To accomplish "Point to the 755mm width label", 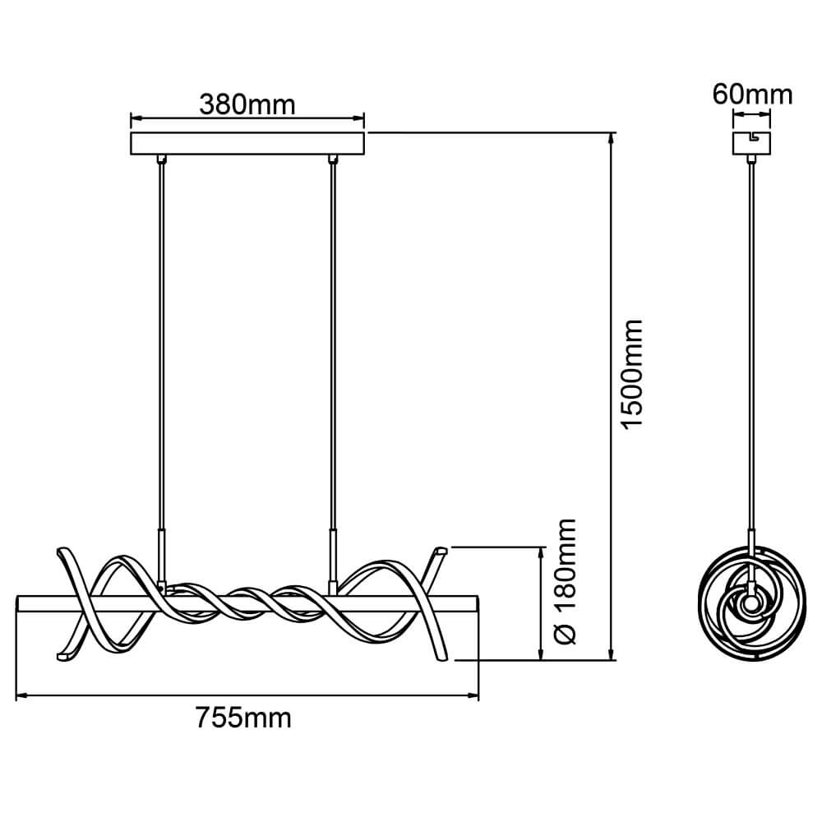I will [244, 718].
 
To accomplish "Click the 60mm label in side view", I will [752, 95].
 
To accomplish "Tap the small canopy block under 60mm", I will [752, 143].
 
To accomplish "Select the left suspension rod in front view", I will [162, 345].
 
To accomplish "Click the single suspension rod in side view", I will [752, 345].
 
